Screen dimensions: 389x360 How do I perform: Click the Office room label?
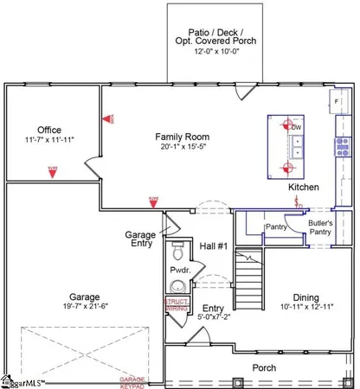48,130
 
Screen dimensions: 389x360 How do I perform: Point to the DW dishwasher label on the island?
294,128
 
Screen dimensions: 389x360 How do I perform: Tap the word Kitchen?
304,187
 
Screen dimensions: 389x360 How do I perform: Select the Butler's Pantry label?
326,227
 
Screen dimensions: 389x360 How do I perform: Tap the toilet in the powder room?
177,252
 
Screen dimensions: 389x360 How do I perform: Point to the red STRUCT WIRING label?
177,305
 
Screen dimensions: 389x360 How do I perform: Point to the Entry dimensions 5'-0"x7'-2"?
213,316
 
